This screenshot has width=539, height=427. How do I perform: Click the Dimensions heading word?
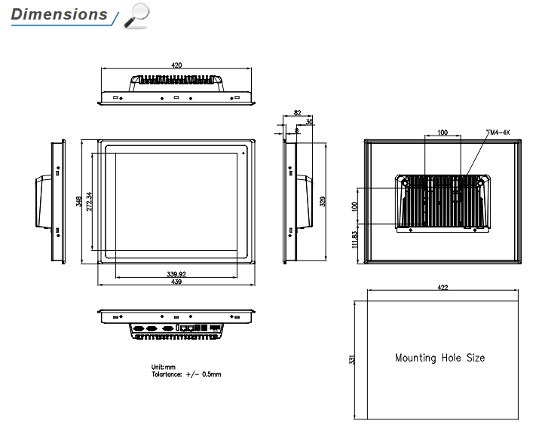point(59,14)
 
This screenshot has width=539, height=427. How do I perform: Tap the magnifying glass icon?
point(136,16)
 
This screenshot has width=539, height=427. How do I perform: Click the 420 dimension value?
point(176,65)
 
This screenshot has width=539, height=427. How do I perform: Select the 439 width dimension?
point(176,282)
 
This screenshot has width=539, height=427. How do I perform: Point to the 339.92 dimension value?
point(176,274)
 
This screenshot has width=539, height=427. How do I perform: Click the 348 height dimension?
point(78,201)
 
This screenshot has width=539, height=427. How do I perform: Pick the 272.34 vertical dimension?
point(89,201)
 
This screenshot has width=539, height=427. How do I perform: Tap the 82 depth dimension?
point(297,113)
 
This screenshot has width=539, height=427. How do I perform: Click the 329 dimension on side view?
point(323,201)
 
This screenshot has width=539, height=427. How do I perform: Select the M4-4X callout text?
point(498,133)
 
